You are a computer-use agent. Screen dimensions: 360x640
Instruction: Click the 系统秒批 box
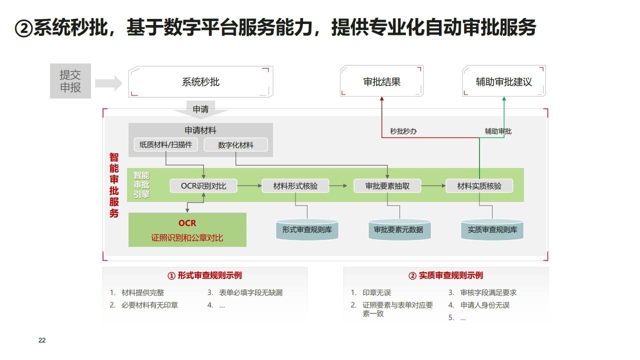point(200,81)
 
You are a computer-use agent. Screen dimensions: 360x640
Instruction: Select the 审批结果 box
point(381,81)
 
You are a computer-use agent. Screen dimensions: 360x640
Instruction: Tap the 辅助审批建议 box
point(503,81)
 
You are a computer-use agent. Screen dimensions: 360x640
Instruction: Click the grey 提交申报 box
point(70,81)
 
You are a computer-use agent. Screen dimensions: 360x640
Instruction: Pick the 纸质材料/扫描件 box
point(166,145)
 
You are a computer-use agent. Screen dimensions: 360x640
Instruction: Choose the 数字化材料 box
point(235,145)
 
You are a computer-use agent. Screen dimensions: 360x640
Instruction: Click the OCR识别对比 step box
point(203,186)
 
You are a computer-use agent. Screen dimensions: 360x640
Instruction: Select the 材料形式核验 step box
point(295,186)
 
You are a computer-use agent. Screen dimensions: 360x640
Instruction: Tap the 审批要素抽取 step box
point(387,186)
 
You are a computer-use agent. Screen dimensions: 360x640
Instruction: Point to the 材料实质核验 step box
point(479,186)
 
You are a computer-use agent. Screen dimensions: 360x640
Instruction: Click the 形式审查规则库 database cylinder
point(307,230)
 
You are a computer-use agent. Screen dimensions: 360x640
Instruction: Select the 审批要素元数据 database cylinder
point(398,230)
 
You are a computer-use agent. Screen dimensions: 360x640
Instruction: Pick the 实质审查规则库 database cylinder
point(492,230)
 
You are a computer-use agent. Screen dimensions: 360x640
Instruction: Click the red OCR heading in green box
point(187,223)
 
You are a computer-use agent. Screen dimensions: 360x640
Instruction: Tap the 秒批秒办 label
point(403,131)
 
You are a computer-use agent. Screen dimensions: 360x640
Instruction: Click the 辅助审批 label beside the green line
point(498,131)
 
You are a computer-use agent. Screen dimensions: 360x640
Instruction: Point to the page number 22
point(42,340)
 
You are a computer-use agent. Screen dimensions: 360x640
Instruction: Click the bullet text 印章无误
point(376,292)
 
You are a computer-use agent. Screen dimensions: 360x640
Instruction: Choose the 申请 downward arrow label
point(200,109)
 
